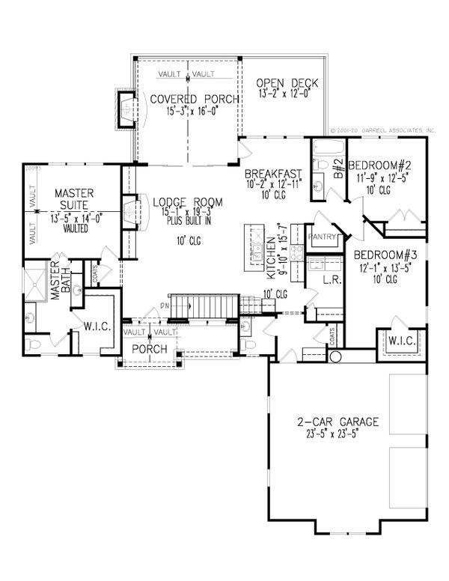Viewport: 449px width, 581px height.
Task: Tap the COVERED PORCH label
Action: coord(183,100)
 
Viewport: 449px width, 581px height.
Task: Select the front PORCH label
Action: coord(149,349)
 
